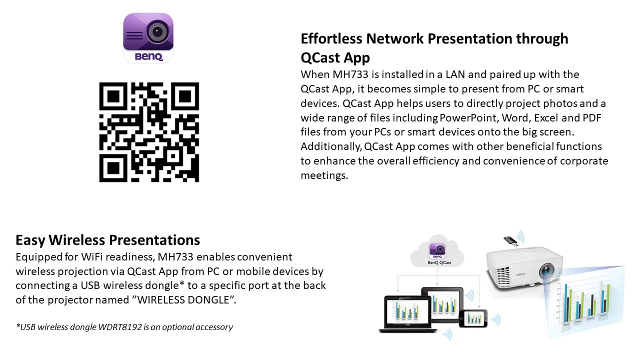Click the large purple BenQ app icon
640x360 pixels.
pyautogui.click(x=148, y=38)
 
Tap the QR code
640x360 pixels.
pyautogui.click(x=149, y=132)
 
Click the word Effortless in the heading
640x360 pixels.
pyautogui.click(x=331, y=38)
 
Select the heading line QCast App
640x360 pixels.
pyautogui.click(x=335, y=57)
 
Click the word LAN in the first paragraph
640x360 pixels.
pyautogui.click(x=455, y=74)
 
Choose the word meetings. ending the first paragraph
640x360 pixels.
pyautogui.click(x=324, y=175)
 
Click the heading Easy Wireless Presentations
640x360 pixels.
pyautogui.click(x=107, y=240)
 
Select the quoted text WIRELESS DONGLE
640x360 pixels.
pyautogui.click(x=183, y=299)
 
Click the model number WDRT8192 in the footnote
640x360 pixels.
pyautogui.click(x=120, y=327)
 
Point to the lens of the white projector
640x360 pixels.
pyautogui.click(x=546, y=270)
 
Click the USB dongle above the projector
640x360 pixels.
pyautogui.click(x=510, y=241)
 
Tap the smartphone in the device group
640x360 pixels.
pyautogui.click(x=473, y=318)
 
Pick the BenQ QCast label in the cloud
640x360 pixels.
pyautogui.click(x=439, y=262)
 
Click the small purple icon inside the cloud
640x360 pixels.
pyautogui.click(x=437, y=250)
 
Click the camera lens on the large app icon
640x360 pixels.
pyautogui.click(x=157, y=31)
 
